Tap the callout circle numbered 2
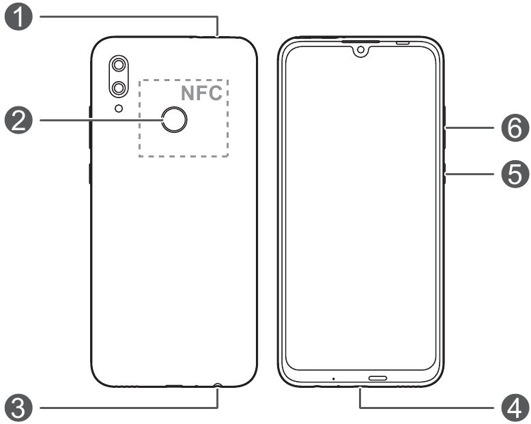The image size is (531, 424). (21, 122)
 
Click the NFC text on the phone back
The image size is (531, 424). (201, 93)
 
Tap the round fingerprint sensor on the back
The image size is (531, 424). (175, 121)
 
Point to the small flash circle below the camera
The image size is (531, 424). (119, 108)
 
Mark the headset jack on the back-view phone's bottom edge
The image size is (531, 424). (217, 386)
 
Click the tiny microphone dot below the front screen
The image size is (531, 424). (334, 378)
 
